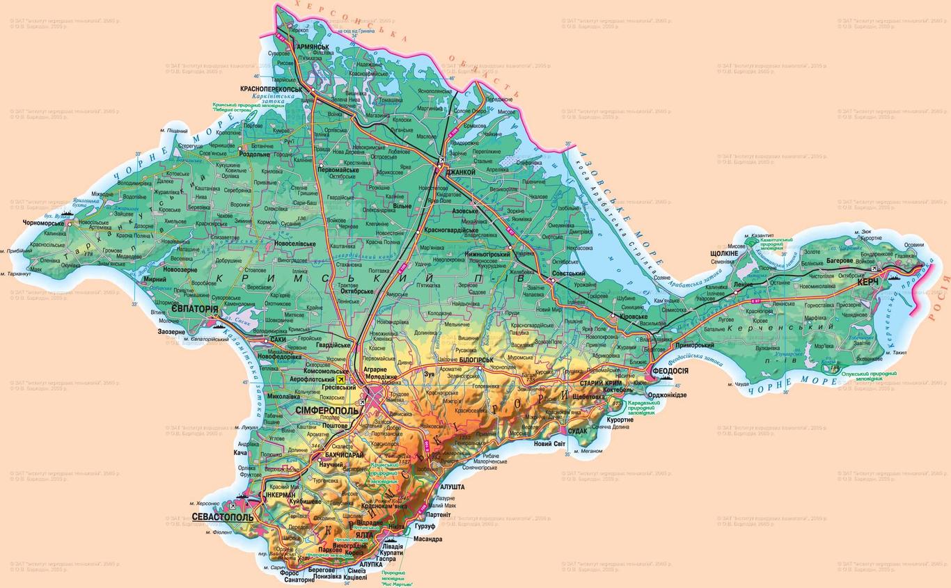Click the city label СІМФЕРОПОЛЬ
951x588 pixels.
point(327,411)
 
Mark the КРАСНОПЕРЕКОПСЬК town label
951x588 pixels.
point(271,90)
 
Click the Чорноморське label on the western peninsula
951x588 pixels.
point(43,223)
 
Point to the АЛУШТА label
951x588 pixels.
point(452,487)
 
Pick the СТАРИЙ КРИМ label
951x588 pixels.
point(602,383)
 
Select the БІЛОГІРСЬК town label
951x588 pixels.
point(476,360)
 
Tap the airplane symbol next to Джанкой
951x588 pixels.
point(443,161)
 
